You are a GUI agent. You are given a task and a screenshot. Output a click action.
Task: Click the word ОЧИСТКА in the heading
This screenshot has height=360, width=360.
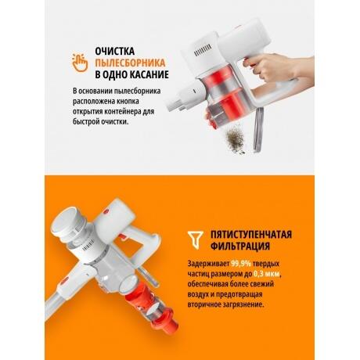point(114,51)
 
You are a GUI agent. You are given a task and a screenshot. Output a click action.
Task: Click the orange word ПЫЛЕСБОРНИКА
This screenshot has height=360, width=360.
point(130,63)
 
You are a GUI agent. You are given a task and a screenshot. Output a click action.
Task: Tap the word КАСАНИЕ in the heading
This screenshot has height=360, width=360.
point(149,74)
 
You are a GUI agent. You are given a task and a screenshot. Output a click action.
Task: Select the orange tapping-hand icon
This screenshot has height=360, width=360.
point(80,63)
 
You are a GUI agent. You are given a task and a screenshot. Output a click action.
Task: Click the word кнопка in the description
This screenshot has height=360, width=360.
point(128,101)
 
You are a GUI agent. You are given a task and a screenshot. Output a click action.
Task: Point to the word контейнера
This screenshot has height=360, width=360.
point(122,111)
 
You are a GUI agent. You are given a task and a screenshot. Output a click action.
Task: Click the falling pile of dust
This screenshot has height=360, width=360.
point(236,139)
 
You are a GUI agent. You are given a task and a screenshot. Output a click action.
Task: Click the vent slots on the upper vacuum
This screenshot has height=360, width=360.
point(203,49)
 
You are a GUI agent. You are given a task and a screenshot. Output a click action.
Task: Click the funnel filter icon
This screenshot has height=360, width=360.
point(196,239)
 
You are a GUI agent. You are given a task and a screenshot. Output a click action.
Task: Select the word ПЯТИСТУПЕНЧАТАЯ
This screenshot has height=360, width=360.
point(251,234)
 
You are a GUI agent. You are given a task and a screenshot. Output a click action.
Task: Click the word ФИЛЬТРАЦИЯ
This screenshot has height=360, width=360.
point(240,246)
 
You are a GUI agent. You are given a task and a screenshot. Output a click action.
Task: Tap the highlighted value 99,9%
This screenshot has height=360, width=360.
point(241,264)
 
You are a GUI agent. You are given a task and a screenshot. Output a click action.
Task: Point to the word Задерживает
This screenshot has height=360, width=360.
point(208,264)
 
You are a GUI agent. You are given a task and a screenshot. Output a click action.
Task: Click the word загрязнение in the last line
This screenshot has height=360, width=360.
point(243,304)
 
